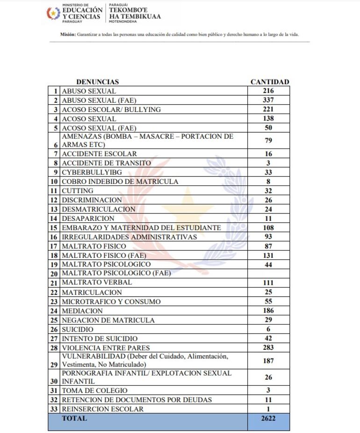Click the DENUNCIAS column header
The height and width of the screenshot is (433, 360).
pos(97,82)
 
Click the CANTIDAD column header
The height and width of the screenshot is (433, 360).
pos(270,82)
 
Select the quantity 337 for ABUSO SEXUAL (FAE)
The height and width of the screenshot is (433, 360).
pos(268,100)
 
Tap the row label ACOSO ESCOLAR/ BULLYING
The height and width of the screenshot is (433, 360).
pos(111,109)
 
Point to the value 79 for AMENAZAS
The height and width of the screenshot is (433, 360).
pos(268,141)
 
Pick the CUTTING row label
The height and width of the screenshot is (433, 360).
pos(78,191)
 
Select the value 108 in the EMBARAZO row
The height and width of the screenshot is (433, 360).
pos(268,228)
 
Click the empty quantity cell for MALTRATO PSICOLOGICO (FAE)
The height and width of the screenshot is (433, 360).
pos(268,273)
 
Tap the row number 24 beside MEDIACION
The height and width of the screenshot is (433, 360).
pos(54,311)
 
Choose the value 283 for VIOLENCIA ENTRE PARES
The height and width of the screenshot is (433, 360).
pos(268,348)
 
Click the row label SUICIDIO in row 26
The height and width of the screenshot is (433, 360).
pos(78,329)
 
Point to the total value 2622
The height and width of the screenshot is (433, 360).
pos(268,419)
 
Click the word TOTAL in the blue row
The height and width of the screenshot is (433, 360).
pos(74,419)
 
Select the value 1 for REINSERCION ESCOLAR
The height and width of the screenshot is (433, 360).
pos(268,409)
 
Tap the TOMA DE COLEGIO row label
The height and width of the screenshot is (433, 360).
pos(94,390)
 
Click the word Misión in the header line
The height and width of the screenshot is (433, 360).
pos(68,35)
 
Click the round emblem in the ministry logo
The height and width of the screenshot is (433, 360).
pos(53,13)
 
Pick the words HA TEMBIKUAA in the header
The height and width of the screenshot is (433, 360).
pos(135,16)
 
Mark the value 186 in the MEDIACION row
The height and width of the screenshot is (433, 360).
pos(268,311)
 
